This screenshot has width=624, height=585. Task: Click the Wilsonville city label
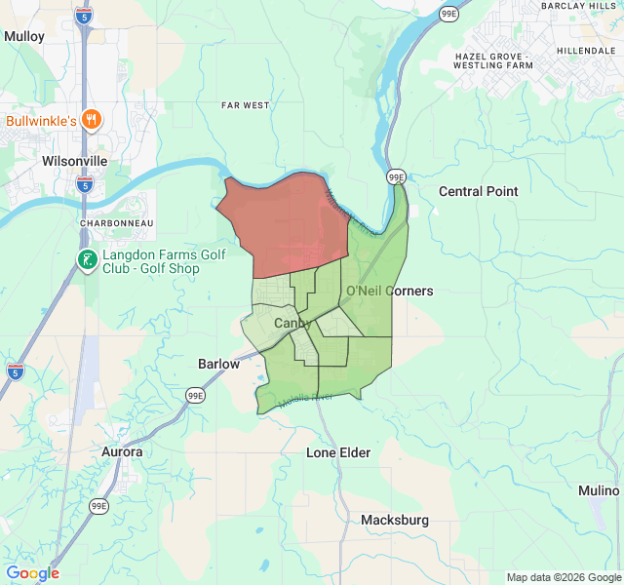[75, 161]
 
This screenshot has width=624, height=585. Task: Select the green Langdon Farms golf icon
[88, 259]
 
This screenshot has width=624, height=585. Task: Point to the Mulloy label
[24, 36]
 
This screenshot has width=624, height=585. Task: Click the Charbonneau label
[116, 222]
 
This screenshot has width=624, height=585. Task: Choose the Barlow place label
[218, 364]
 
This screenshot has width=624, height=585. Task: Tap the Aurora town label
[122, 452]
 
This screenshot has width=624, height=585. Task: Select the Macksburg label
[394, 520]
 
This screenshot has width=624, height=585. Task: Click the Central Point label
[478, 191]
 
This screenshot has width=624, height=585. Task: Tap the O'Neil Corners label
[390, 291]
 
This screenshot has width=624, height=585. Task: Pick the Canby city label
[291, 323]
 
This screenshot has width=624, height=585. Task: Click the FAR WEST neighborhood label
[245, 105]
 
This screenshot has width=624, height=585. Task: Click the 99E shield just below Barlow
[196, 395]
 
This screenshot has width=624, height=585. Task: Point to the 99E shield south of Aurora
[99, 505]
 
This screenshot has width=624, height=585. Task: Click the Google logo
[32, 573]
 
